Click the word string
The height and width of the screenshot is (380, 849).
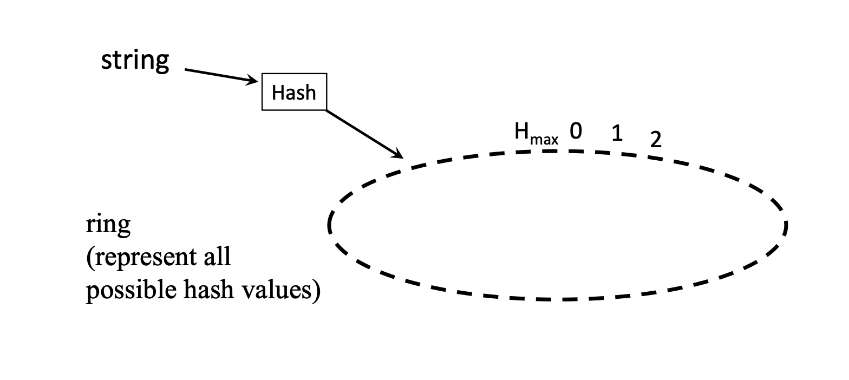(135, 61)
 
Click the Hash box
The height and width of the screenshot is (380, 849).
(294, 92)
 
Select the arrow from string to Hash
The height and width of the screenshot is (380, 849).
(219, 76)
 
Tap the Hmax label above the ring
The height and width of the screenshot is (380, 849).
(535, 134)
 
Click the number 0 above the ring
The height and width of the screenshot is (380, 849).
(576, 131)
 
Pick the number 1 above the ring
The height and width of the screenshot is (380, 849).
(616, 133)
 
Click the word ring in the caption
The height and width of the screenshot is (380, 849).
(108, 225)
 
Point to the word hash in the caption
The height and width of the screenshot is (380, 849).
(205, 290)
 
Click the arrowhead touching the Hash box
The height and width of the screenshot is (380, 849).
(253, 81)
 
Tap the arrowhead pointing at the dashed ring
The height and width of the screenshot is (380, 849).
(397, 154)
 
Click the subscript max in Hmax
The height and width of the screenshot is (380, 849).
(544, 140)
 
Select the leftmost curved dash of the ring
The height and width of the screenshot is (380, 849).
(329, 224)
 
